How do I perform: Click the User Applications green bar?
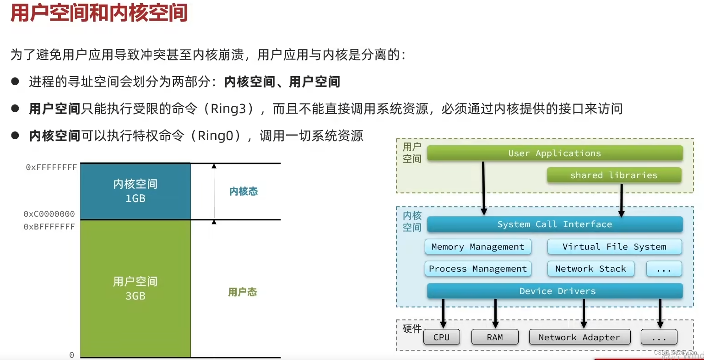554,153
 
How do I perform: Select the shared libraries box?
613,175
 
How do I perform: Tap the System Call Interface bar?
554,224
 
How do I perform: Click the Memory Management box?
477,247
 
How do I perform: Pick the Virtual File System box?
614,247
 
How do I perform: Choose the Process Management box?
477,269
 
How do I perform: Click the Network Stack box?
590,269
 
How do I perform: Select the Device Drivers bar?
554,291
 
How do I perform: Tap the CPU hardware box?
441,338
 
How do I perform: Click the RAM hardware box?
494,338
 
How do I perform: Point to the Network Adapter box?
579,338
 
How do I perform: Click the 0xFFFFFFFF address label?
51,168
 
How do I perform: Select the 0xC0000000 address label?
49,214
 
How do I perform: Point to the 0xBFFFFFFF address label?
49,227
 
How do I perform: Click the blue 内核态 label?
244,191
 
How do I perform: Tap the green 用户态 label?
243,292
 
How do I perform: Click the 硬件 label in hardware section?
412,328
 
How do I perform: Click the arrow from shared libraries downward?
621,200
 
